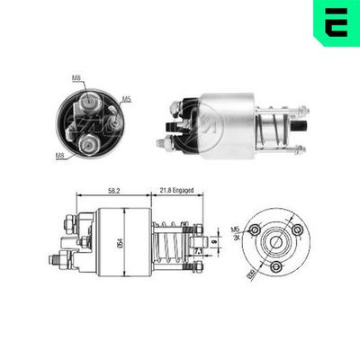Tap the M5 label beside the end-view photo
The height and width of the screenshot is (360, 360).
127,98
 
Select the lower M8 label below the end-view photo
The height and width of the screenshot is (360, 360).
58,155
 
